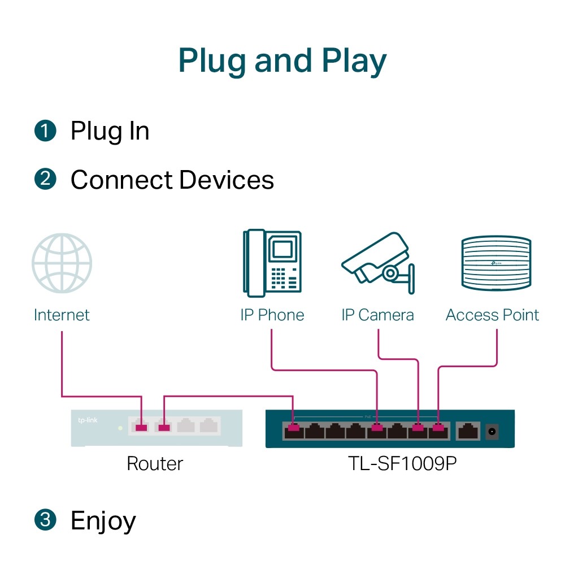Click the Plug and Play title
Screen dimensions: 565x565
pos(282,61)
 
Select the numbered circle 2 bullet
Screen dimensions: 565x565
pos(45,180)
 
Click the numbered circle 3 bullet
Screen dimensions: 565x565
pos(45,520)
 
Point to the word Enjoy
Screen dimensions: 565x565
pos(103,521)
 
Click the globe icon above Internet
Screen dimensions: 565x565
pos(62,264)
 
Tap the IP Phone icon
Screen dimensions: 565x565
pos(272,263)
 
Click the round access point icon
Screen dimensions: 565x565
pos(496,264)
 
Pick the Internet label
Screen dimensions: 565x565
pos(62,315)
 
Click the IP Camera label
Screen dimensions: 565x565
pos(377,315)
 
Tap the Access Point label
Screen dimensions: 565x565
pos(492,315)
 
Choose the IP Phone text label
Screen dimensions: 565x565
pos(272,315)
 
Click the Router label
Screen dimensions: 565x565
pos(155,464)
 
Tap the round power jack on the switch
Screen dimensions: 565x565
pos(492,432)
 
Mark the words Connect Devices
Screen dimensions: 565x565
pos(172,180)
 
